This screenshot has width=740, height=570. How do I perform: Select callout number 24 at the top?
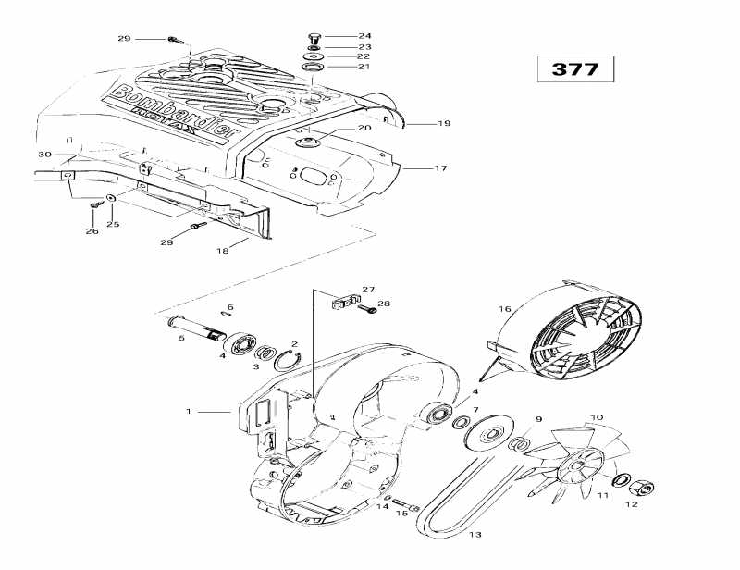coord(339,36)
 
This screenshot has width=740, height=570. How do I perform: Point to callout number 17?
coord(440,168)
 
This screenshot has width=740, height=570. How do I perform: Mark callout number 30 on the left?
coord(43,154)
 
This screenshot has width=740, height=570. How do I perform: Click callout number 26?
coord(92,230)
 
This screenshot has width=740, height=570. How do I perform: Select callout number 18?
coord(222,250)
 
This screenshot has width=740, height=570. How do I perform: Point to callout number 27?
coord(368,289)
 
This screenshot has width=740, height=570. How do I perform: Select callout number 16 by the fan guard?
coord(504,309)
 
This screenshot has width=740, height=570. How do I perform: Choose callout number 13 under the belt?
coord(475,534)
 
